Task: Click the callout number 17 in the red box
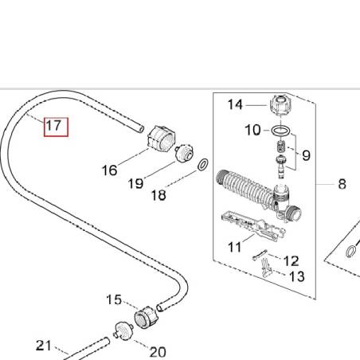pyautogui.click(x=53, y=125)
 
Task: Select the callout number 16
pyautogui.click(x=109, y=170)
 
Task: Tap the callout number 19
pyautogui.click(x=135, y=183)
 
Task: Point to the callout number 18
pyautogui.click(x=158, y=195)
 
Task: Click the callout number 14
pyautogui.click(x=235, y=104)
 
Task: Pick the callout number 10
pyautogui.click(x=252, y=130)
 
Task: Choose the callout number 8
pyautogui.click(x=342, y=184)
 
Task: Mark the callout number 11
pyautogui.click(x=235, y=247)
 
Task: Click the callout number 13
pyautogui.click(x=297, y=276)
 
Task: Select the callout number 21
pyautogui.click(x=44, y=346)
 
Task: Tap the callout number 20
pyautogui.click(x=158, y=352)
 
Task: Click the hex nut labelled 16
pyautogui.click(x=161, y=139)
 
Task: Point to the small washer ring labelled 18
pyautogui.click(x=203, y=165)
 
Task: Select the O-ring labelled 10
pyautogui.click(x=281, y=131)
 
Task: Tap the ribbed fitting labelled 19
pyautogui.click(x=184, y=153)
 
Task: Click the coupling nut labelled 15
pyautogui.click(x=146, y=317)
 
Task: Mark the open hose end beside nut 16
pyautogui.click(x=141, y=129)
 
